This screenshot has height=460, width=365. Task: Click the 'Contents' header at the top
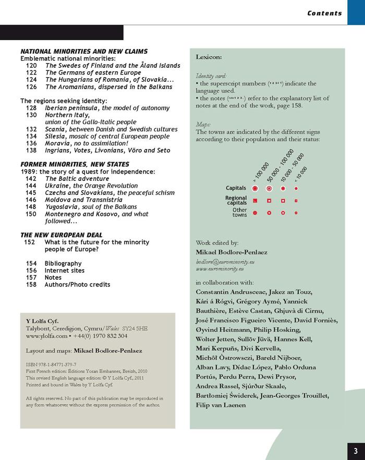point(324,13)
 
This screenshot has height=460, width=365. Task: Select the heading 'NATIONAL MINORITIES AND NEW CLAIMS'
point(83,52)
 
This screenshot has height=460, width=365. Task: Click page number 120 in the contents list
point(31,66)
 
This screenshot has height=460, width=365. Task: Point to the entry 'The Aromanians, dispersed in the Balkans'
point(108,87)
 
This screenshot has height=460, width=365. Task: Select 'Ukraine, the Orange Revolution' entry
point(91,185)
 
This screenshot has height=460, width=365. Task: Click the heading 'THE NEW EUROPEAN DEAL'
point(62,235)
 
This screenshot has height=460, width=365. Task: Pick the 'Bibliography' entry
point(63,264)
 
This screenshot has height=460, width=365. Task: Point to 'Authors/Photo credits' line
point(77,284)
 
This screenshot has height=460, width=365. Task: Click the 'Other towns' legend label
point(239,213)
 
